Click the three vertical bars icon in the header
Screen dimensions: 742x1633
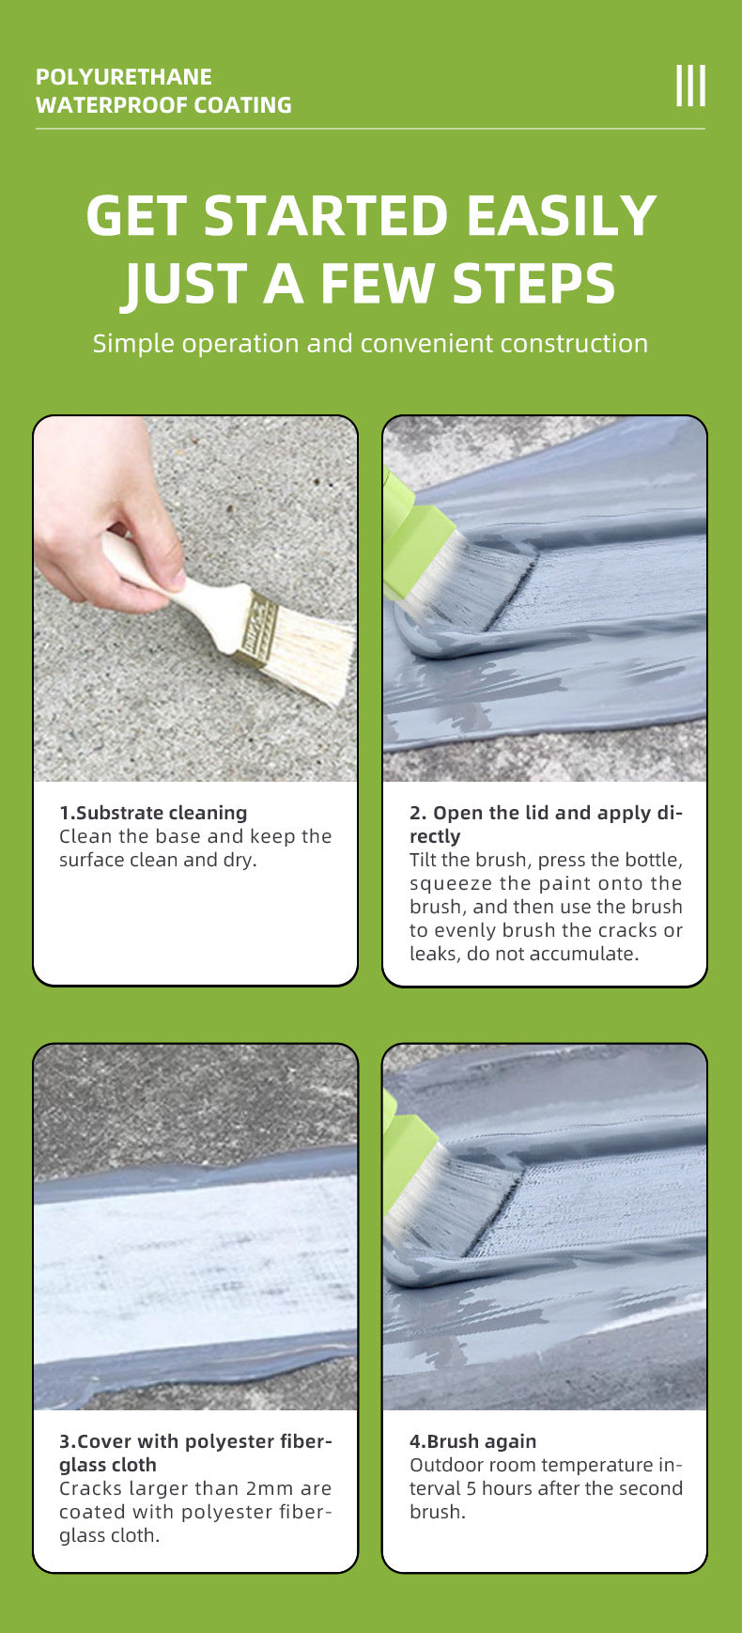point(690,86)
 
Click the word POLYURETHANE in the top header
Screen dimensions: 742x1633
point(124,77)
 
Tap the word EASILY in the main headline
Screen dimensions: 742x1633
point(561,215)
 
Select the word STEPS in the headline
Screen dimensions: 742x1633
point(533,284)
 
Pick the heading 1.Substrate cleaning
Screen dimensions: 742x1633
point(153,813)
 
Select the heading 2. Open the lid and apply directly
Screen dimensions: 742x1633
point(546,824)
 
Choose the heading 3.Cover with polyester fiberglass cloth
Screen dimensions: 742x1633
point(195,1453)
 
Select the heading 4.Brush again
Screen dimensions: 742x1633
point(472,1441)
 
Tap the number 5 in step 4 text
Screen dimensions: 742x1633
point(471,1488)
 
